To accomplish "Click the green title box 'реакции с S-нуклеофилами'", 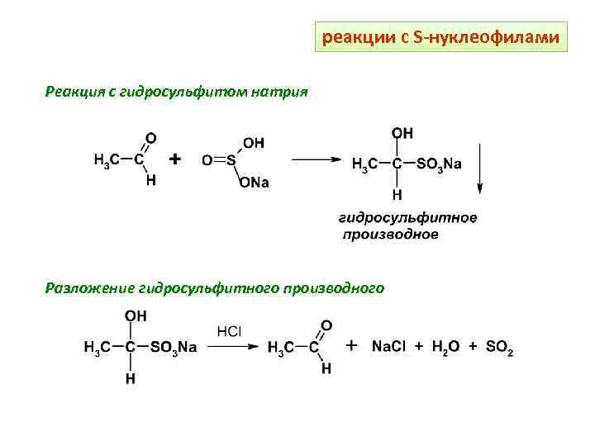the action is (x=441, y=38).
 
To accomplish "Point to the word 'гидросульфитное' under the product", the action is (x=408, y=217).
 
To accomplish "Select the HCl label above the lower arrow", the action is (x=229, y=331).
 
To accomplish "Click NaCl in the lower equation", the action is (x=388, y=348).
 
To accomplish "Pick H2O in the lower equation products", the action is (x=442, y=348).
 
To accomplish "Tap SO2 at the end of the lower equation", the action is (x=497, y=348).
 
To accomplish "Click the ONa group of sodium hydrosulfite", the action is (x=254, y=183).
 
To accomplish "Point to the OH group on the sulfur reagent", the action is (x=254, y=142).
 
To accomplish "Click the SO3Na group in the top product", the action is (x=439, y=164).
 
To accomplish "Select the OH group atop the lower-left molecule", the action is (x=136, y=316).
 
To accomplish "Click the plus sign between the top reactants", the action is (x=175, y=159).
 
